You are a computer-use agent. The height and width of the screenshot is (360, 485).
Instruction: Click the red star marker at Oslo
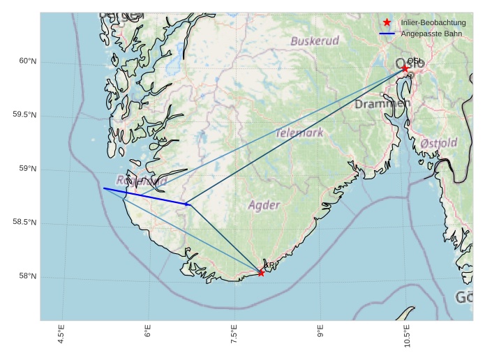[405, 68]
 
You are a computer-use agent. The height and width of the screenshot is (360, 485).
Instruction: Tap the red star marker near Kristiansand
[261, 272]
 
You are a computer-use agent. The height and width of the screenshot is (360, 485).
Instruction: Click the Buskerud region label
[315, 41]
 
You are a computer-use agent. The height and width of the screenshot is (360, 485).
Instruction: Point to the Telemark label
[299, 133]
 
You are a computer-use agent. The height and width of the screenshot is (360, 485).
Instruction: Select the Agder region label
[264, 205]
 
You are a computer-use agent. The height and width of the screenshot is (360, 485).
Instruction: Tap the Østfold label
[439, 143]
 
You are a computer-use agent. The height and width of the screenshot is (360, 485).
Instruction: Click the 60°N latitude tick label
[28, 61]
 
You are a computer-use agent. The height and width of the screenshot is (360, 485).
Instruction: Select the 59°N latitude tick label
[28, 169]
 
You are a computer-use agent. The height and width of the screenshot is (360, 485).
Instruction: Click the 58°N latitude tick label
[28, 276]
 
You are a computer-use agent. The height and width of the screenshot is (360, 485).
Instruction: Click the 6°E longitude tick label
[148, 332]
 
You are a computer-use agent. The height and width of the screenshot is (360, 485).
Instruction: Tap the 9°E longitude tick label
[320, 332]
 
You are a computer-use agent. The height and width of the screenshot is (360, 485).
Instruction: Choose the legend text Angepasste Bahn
[431, 33]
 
